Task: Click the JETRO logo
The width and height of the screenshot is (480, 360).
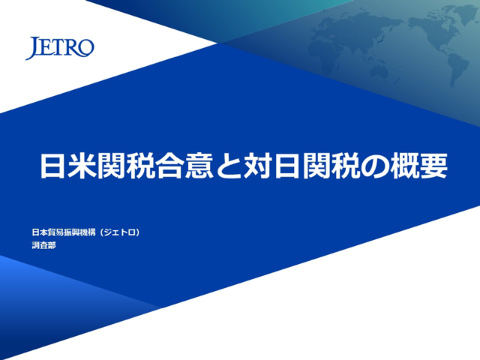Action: coord(60,48)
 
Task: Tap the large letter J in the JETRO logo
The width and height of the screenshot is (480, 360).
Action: coord(32,48)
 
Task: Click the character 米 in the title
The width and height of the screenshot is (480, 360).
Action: coord(81,166)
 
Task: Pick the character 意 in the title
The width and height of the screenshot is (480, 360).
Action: coord(199,166)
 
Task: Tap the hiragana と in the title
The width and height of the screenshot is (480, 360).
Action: coord(228,166)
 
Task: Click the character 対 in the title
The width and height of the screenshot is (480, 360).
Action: coord(258,166)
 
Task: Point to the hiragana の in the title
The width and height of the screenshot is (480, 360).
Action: coord(376,166)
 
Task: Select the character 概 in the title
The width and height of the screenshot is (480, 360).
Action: coord(405,166)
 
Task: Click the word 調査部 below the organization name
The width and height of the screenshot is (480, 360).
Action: coord(43,245)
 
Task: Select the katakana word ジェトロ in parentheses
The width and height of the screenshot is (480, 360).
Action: coord(120,232)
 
